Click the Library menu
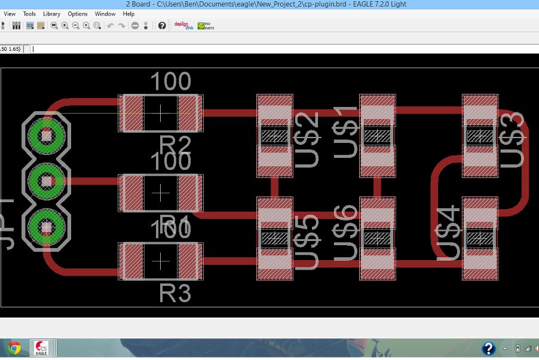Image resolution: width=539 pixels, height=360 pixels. click(x=51, y=14)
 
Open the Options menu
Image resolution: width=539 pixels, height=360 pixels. click(x=77, y=14)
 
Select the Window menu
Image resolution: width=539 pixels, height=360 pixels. click(x=105, y=14)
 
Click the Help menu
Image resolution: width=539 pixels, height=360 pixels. click(x=128, y=14)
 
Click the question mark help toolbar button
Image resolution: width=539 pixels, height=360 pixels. click(x=162, y=26)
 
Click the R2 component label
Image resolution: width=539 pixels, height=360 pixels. click(x=175, y=145)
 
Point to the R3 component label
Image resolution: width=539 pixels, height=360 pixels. click(x=175, y=294)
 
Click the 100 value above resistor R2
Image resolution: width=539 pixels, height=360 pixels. click(x=170, y=81)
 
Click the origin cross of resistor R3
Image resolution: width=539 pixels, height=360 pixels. click(x=161, y=261)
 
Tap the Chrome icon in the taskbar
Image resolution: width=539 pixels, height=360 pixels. click(x=13, y=348)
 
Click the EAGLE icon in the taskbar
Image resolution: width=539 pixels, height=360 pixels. click(x=41, y=349)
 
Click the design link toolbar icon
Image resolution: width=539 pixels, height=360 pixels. click(x=181, y=26)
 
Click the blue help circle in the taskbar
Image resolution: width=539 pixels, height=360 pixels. click(x=488, y=349)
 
